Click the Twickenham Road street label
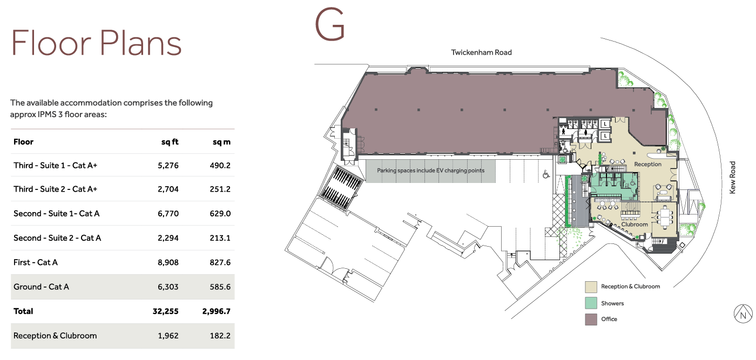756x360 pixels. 481,52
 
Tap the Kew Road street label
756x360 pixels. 732,178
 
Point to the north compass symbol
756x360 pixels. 743,314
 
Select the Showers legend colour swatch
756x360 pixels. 591,303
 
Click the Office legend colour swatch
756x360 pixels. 591,319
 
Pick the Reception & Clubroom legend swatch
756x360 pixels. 591,287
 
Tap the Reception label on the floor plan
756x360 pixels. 647,164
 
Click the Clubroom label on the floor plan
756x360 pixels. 634,225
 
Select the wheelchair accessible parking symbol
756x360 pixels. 546,174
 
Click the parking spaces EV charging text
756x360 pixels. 431,171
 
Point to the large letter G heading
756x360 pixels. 330,25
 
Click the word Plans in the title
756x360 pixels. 140,43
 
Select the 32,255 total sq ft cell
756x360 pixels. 165,311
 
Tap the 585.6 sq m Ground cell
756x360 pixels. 220,287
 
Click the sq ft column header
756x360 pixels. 170,142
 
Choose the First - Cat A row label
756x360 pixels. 36,262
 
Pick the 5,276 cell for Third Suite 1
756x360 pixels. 168,165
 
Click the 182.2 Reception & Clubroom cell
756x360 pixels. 220,336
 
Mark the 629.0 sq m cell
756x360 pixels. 220,214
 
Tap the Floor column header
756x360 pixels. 23,142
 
